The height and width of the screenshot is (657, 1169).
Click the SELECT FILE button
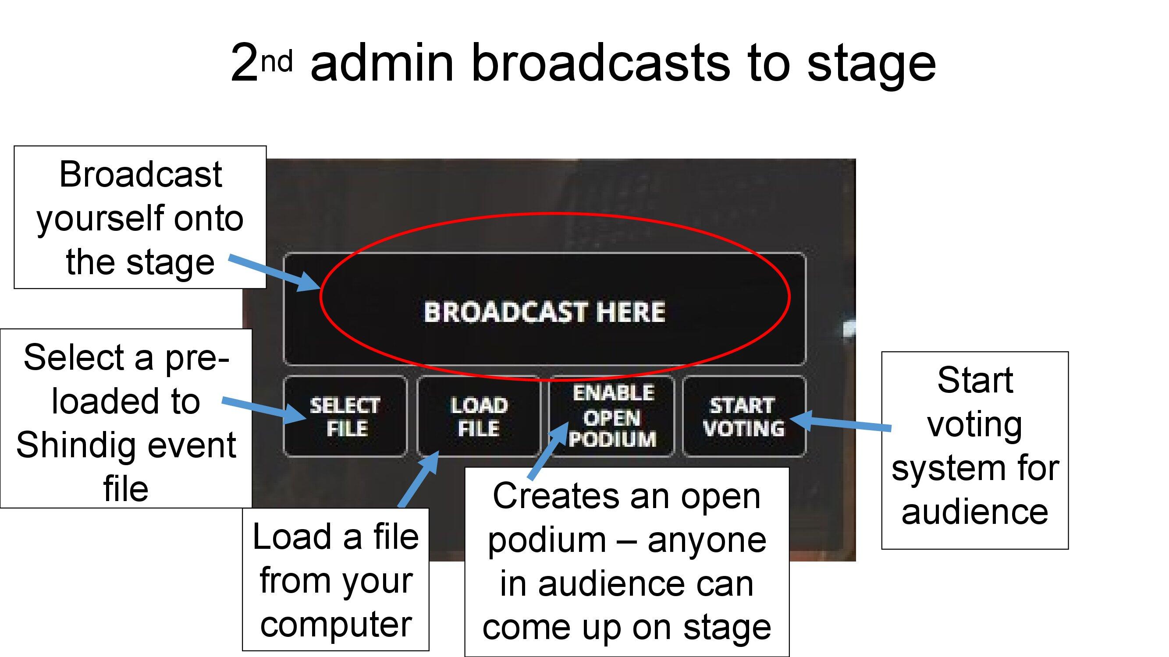(345, 416)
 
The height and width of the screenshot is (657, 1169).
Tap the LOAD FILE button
(478, 416)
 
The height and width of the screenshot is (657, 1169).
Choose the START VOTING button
(744, 416)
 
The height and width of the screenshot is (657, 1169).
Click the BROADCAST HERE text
(544, 312)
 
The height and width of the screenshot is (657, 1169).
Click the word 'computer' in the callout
(336, 624)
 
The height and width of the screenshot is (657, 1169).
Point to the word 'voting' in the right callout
(975, 425)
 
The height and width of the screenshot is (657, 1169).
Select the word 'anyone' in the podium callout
(707, 540)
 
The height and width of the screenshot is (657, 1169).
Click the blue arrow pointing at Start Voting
(842, 423)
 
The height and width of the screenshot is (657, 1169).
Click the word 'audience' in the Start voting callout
(975, 512)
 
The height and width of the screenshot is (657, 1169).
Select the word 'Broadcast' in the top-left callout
(140, 175)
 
